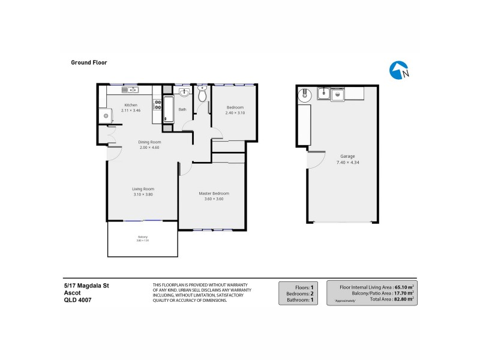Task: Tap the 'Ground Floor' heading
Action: [x=89, y=62]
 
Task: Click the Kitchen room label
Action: [x=130, y=105]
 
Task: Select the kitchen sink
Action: [x=129, y=90]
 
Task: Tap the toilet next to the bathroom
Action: [x=202, y=95]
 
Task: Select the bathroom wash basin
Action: [x=185, y=93]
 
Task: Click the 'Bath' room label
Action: [x=182, y=110]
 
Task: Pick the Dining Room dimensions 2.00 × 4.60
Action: [x=149, y=148]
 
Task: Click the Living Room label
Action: [x=143, y=189]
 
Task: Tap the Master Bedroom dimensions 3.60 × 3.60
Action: [x=214, y=199]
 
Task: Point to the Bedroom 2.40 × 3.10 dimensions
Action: [x=235, y=113]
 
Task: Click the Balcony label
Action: [x=142, y=236]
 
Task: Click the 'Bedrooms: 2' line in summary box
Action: [x=298, y=293]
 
